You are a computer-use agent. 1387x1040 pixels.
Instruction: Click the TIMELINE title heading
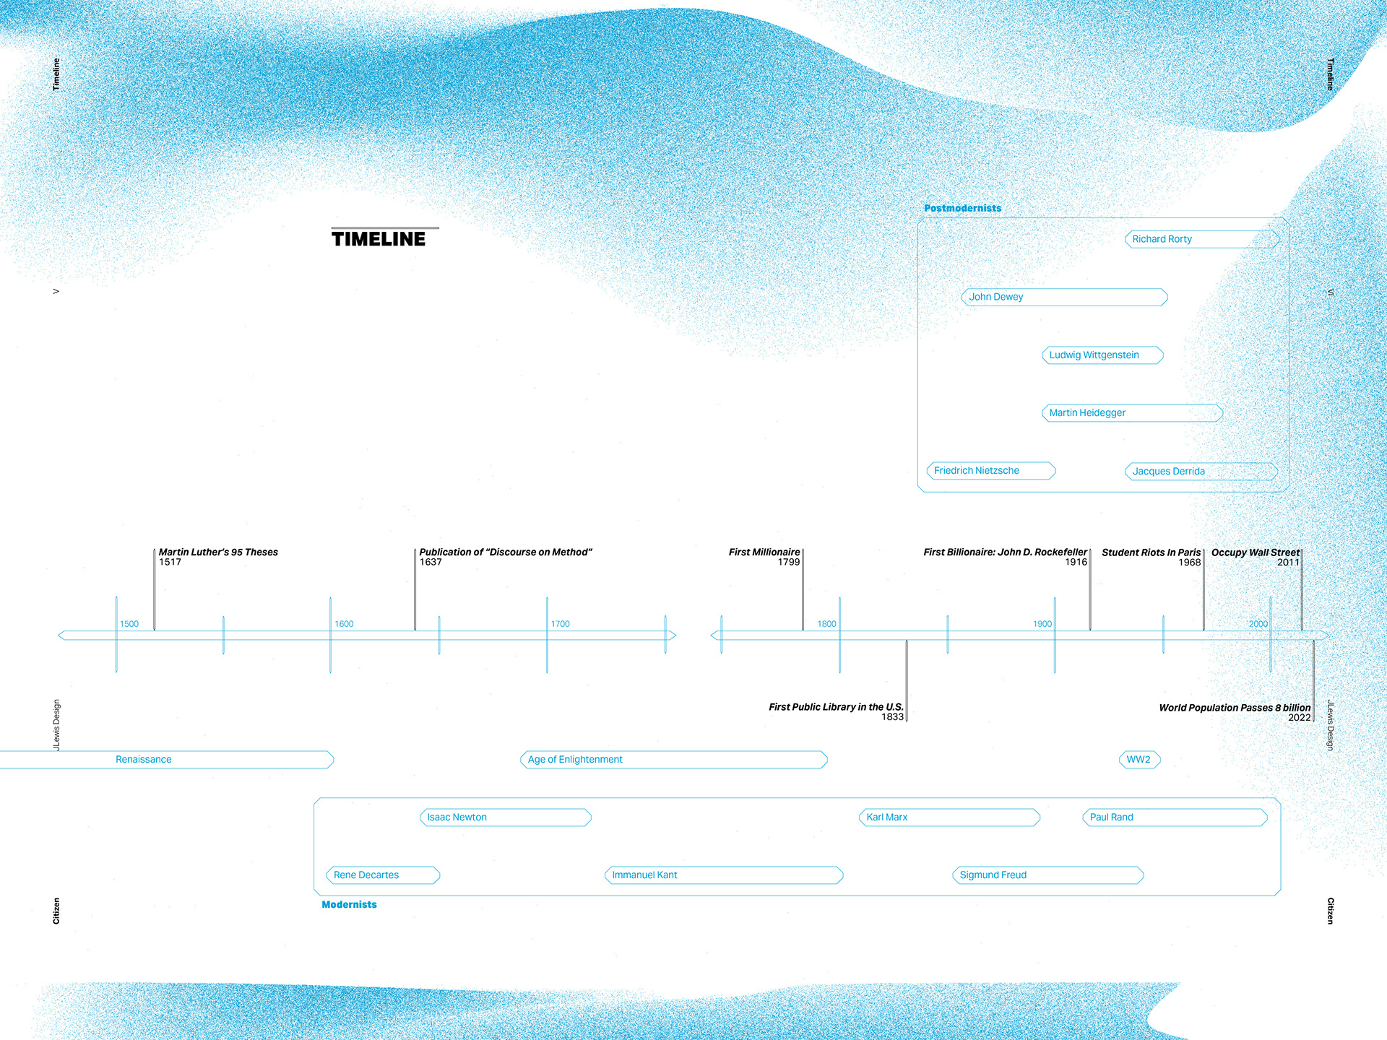point(379,239)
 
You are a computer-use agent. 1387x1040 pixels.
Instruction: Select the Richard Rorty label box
point(1201,239)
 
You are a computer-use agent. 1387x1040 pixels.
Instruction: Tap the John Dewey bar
point(1064,297)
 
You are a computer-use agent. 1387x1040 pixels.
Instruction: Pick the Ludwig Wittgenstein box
point(1102,355)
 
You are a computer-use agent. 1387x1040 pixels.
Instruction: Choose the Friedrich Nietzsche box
point(990,471)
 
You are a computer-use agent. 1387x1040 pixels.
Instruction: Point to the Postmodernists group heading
point(962,208)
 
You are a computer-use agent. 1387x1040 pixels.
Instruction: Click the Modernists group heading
point(349,904)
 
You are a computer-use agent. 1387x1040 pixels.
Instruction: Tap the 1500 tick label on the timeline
point(129,624)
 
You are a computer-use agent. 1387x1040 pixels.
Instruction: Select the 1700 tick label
point(560,624)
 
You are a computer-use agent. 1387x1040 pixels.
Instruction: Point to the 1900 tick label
point(1042,624)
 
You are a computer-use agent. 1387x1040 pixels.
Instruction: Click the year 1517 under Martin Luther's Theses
point(170,563)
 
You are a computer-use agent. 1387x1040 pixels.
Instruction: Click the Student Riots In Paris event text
point(1151,552)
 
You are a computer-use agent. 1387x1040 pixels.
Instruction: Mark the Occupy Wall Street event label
point(1255,552)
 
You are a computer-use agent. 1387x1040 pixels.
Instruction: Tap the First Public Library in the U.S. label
point(836,707)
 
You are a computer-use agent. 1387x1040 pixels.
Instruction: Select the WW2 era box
point(1139,760)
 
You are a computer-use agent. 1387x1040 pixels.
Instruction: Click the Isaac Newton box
point(505,818)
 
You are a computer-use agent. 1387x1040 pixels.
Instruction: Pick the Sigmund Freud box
point(1047,875)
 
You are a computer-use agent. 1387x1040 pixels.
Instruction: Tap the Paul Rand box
point(1175,818)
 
